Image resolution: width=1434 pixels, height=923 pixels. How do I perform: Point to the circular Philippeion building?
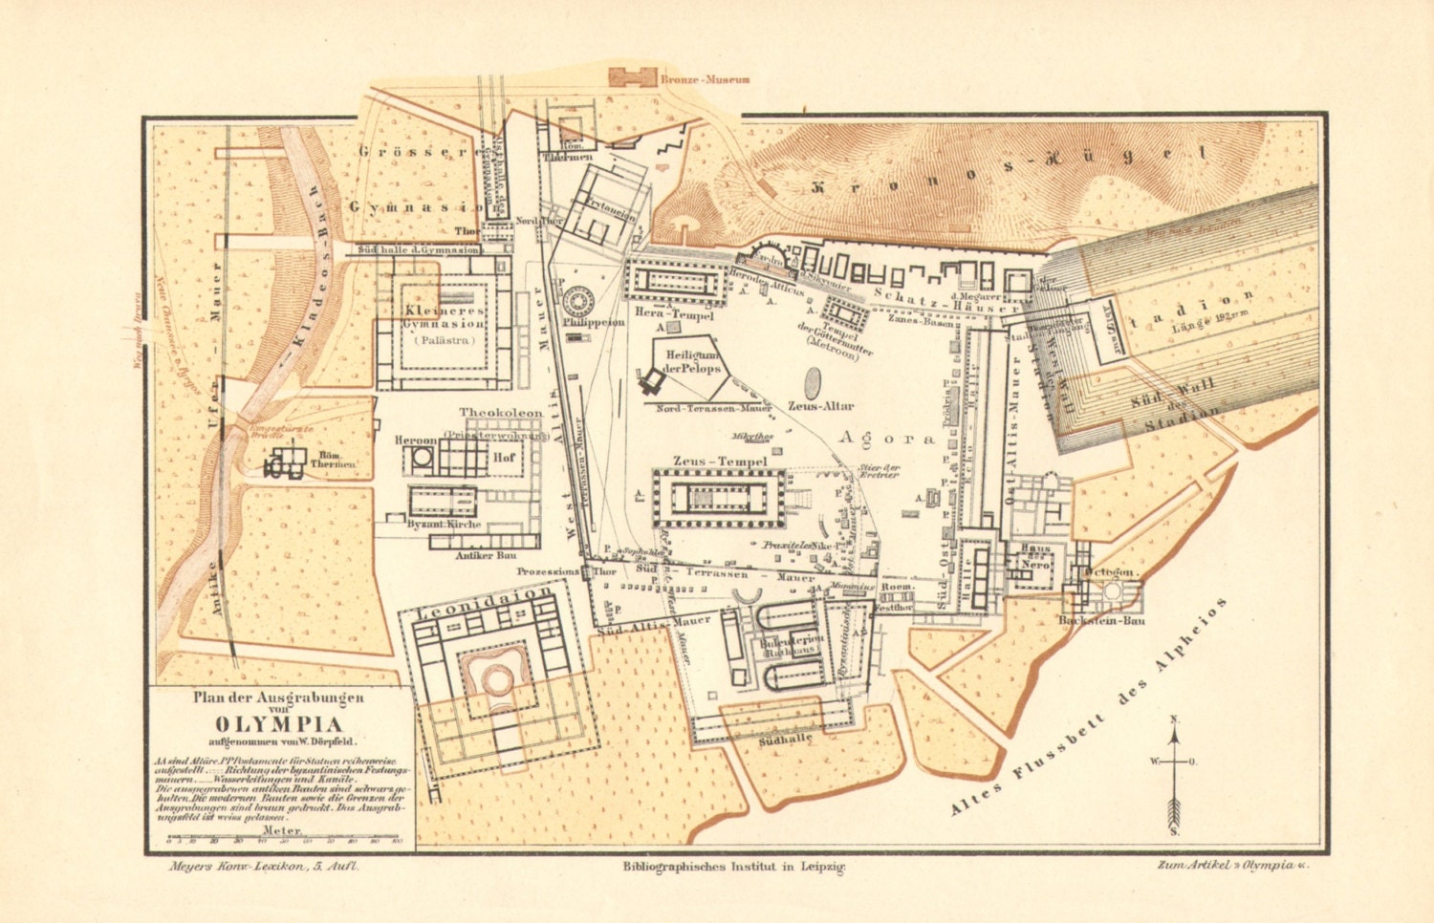(x=579, y=303)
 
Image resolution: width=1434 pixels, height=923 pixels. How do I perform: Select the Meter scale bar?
(x=283, y=839)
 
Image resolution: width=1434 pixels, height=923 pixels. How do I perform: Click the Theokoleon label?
(x=500, y=414)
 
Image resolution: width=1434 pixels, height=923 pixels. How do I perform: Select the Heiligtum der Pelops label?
(x=686, y=362)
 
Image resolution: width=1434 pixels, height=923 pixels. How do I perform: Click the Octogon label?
(x=1111, y=572)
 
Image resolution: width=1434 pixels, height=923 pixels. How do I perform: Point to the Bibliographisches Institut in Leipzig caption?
(x=734, y=866)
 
